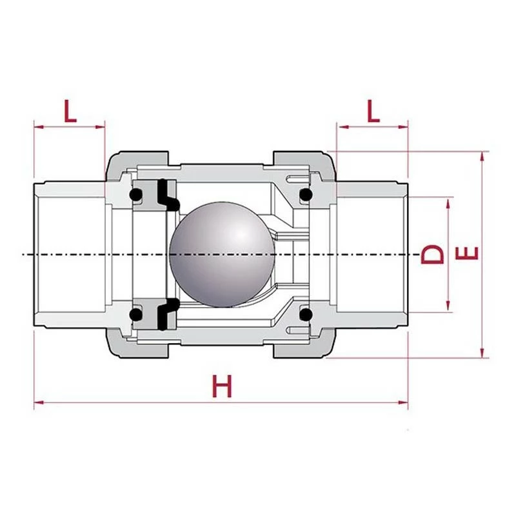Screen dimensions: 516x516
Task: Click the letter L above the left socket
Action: click(x=69, y=111)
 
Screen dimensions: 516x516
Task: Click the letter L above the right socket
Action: click(x=373, y=111)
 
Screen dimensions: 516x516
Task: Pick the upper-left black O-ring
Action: click(x=136, y=194)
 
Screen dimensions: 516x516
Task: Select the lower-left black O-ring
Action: click(x=136, y=315)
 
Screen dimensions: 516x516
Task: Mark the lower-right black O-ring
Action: click(x=306, y=315)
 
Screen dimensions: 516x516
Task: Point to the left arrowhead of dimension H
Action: click(x=37, y=404)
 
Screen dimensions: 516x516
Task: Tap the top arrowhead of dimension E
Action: click(x=481, y=155)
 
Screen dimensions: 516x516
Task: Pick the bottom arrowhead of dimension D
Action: click(x=447, y=308)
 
